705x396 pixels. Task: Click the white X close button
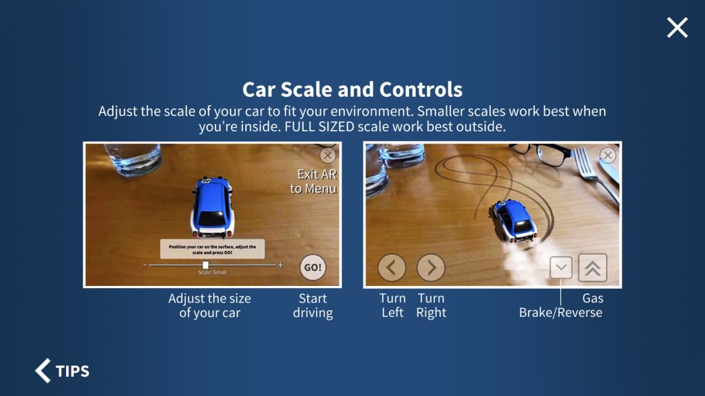point(677,27)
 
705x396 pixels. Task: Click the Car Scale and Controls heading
point(352,89)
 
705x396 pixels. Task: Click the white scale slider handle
point(205,265)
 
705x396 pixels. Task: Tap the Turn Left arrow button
point(392,267)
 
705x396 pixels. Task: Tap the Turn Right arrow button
point(431,267)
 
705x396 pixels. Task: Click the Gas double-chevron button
point(592,267)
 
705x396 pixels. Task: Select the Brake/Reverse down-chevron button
point(561,267)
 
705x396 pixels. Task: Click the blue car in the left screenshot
point(212,206)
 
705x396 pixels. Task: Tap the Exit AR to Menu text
point(313,181)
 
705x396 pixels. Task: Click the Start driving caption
point(313,306)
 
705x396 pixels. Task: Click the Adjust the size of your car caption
point(209,306)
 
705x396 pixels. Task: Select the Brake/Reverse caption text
point(560,313)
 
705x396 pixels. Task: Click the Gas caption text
point(593,298)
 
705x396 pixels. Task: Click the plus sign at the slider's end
point(280,265)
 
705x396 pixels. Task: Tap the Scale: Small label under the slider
point(212,273)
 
